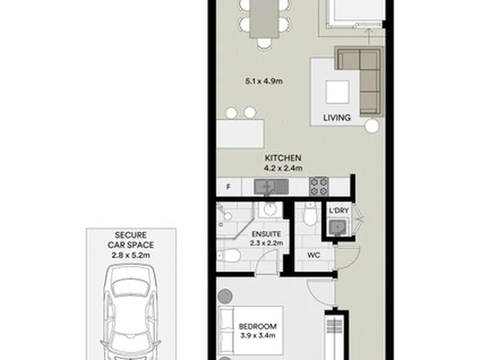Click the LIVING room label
(x=337, y=117)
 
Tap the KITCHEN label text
(x=283, y=158)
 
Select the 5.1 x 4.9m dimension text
(x=264, y=81)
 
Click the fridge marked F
(x=229, y=187)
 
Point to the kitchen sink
(x=271, y=187)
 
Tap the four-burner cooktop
(x=319, y=187)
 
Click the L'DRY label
(x=339, y=211)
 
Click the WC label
(x=314, y=255)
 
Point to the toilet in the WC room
(x=310, y=214)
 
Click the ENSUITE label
(x=266, y=234)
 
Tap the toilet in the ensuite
(x=229, y=255)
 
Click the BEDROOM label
(x=258, y=327)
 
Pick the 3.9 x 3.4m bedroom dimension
(x=258, y=335)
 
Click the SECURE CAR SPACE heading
(x=131, y=240)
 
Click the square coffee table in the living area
(x=337, y=92)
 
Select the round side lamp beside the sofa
(x=371, y=125)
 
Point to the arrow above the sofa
(x=369, y=37)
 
